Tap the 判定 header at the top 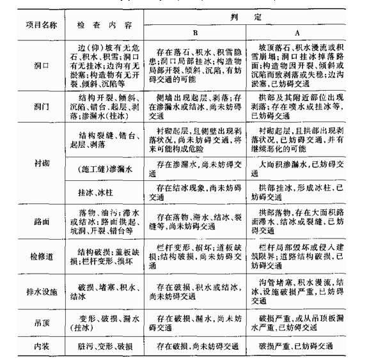[x=255, y=13]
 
